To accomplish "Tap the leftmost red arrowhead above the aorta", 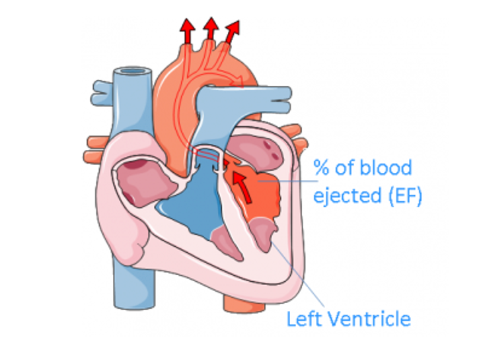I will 188,28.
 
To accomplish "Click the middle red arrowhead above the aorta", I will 211,26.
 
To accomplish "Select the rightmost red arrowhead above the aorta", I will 233,30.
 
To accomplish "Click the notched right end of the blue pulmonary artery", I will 285,99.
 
